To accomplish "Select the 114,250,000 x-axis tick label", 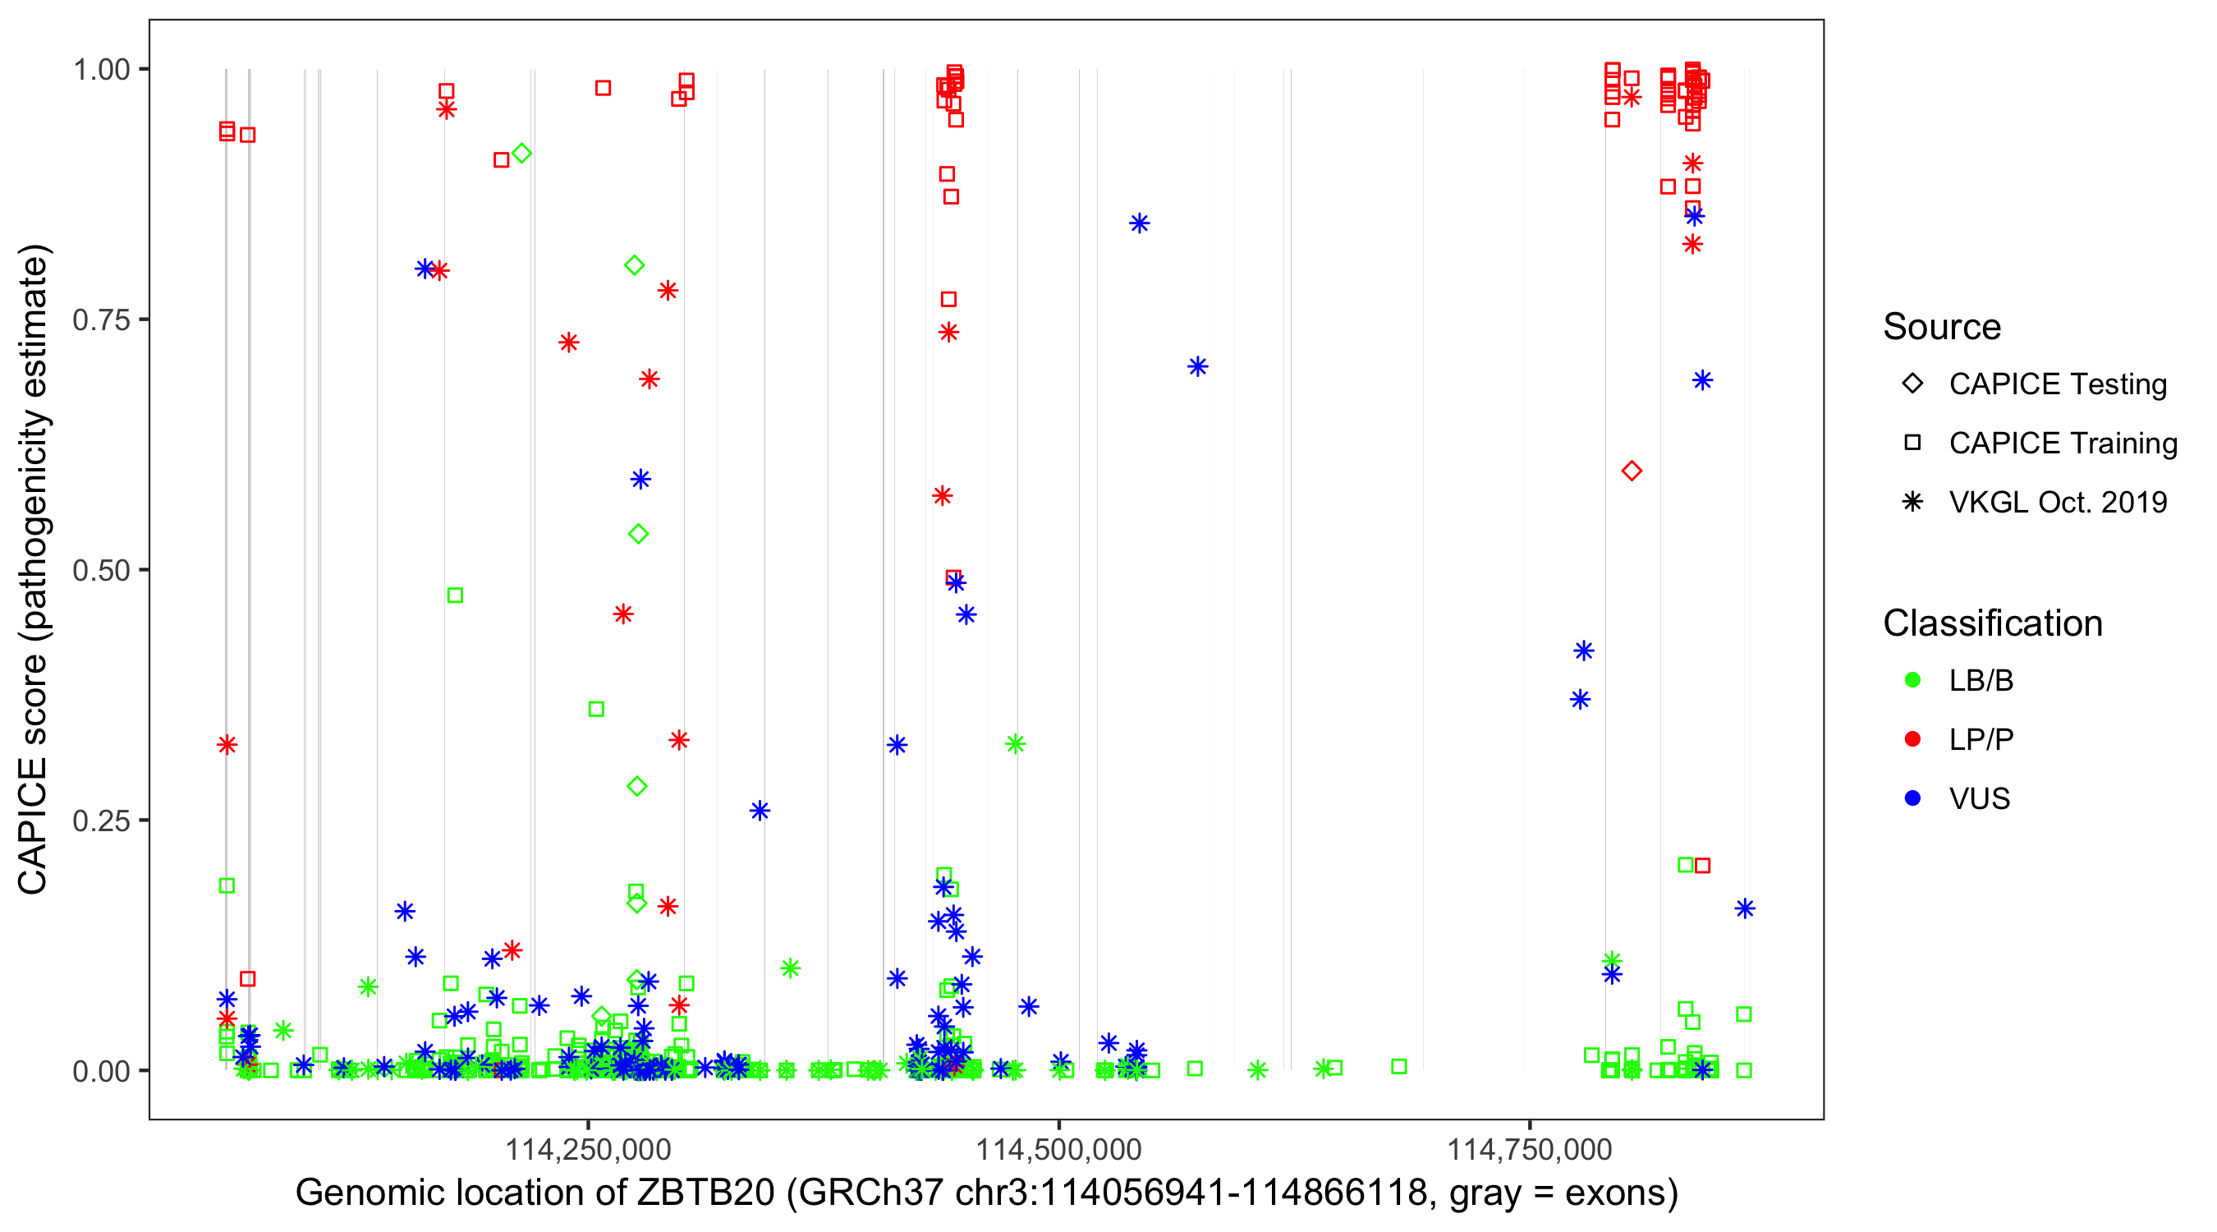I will (588, 1149).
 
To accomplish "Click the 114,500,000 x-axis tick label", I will (1058, 1149).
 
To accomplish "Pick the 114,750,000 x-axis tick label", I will (1530, 1149).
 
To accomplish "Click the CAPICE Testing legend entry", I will (2057, 384).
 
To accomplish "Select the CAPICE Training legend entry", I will (2062, 444).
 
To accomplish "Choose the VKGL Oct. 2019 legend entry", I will (2057, 502).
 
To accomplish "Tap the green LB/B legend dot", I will (1912, 680).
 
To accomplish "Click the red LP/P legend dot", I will (1912, 739).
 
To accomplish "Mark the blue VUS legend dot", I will (1912, 798).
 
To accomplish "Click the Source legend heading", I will (1942, 327).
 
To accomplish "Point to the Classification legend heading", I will (1992, 623).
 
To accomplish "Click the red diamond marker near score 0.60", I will (1631, 471).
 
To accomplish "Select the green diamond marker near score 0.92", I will (521, 154).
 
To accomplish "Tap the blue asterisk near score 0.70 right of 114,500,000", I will (1197, 367).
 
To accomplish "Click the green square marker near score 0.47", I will (455, 595).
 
